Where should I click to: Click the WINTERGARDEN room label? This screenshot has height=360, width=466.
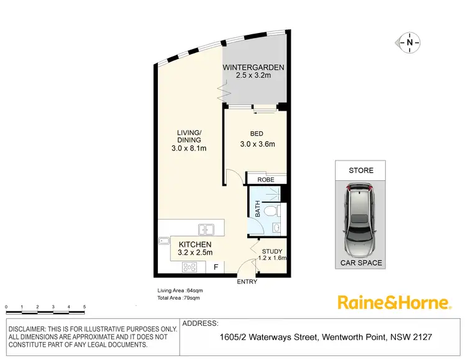point(254,67)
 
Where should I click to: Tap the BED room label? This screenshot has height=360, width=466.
point(257,133)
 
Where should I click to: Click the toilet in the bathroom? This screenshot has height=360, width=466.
point(271,212)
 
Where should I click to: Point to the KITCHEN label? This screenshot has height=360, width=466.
point(196,244)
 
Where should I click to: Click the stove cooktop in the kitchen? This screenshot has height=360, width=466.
point(190,268)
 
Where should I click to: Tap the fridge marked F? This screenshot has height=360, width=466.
point(216,267)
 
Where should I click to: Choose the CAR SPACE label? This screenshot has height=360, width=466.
point(360,263)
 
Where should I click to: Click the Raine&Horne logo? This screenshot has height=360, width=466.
point(393,303)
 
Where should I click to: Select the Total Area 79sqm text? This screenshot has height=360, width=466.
point(178,298)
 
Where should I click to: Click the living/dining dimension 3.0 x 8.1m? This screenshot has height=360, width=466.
point(189,148)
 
